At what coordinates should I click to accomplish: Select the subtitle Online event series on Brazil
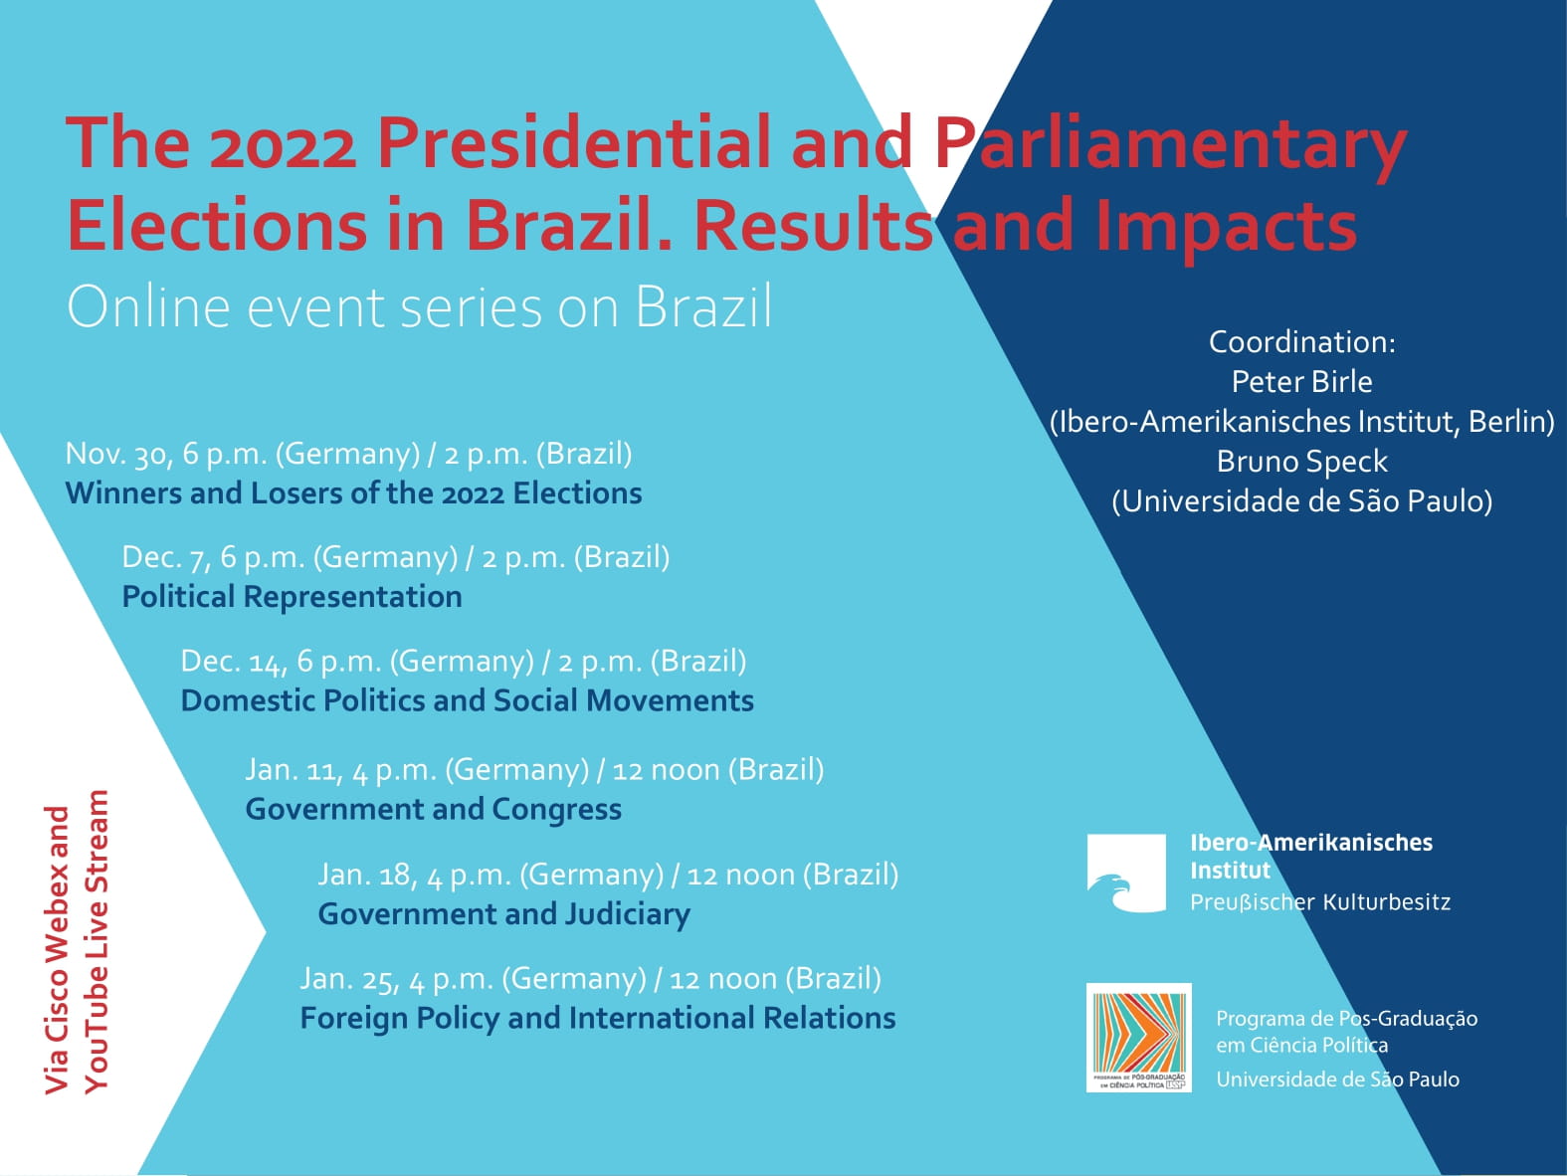419,306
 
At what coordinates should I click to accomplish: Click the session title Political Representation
292,597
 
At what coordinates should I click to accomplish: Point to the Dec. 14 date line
463,662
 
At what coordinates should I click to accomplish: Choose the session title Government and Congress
433,810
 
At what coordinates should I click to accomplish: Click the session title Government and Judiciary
503,914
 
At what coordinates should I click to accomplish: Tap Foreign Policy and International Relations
597,1019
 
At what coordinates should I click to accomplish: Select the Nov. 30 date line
348,454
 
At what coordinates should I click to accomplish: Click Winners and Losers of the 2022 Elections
353,493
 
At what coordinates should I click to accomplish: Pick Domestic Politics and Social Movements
467,701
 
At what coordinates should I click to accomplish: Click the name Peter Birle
1301,382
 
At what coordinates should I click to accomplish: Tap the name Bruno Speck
1301,462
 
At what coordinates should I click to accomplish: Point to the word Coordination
1301,342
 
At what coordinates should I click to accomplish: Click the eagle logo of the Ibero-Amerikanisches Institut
1125,874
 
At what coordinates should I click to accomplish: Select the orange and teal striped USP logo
1138,1037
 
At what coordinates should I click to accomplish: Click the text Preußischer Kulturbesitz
1319,902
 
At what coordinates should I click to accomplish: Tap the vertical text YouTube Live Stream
97,941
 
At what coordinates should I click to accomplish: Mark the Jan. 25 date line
590,979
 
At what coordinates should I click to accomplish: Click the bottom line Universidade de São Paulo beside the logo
1337,1079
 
